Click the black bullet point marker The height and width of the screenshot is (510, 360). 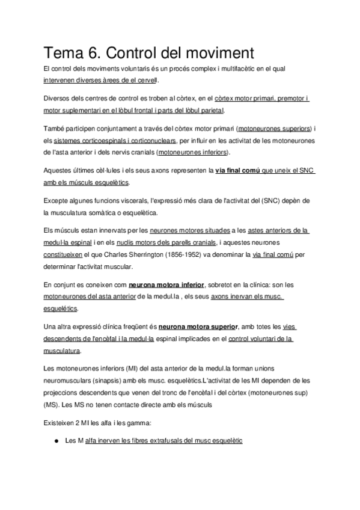[x=56, y=441]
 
